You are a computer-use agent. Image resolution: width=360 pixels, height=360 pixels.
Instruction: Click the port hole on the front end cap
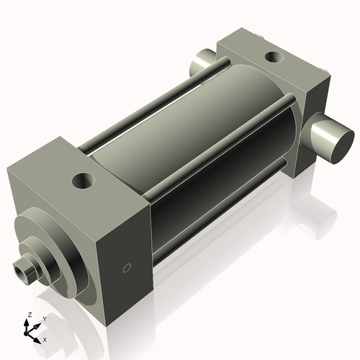(x=84, y=179)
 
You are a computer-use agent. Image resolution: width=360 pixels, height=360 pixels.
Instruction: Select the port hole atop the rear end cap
(x=274, y=57)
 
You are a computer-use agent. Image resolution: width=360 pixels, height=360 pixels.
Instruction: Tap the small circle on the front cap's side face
(x=127, y=269)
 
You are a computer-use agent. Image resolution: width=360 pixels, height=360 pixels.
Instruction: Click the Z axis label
(x=28, y=315)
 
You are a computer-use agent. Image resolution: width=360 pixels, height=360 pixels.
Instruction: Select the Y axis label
(x=44, y=318)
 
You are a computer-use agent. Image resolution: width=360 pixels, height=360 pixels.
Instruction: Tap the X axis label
(x=45, y=338)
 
